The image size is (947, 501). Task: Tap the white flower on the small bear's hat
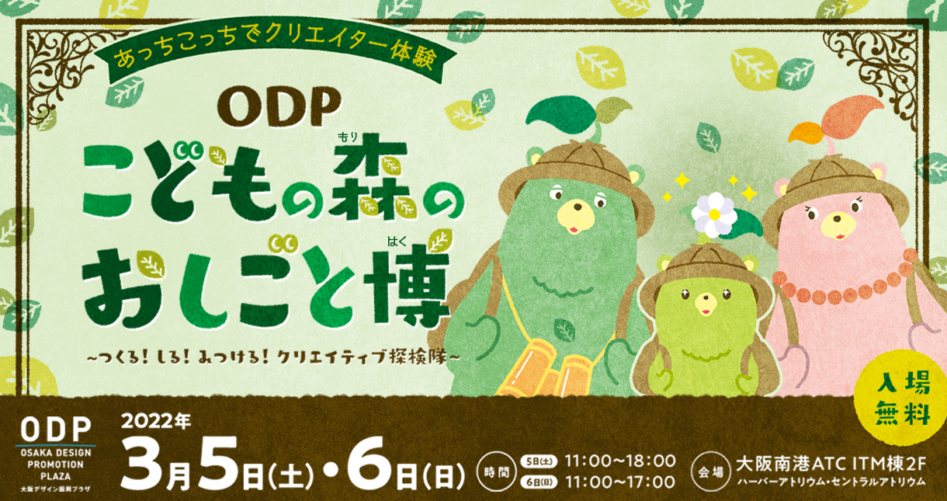click(x=714, y=214)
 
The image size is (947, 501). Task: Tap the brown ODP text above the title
click(x=279, y=109)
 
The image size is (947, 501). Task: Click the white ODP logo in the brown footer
click(x=56, y=429)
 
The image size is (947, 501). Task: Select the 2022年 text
click(x=156, y=421)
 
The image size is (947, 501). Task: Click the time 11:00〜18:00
click(x=619, y=461)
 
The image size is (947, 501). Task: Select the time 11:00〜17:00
click(x=619, y=482)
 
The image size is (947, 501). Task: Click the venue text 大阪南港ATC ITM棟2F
click(x=831, y=464)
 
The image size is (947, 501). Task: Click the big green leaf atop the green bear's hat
click(x=556, y=113)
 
